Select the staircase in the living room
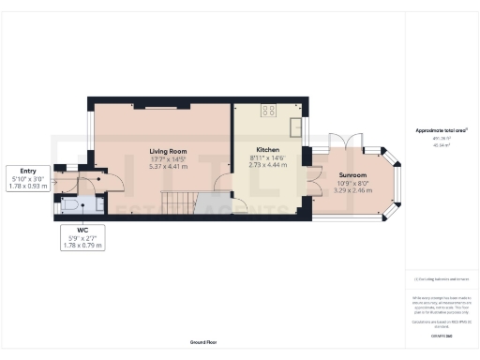[174, 201]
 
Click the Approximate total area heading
[441, 130]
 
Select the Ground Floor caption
[203, 343]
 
